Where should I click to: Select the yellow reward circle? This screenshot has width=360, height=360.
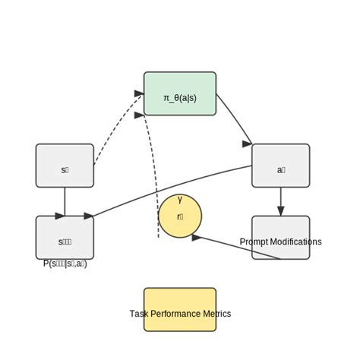180,216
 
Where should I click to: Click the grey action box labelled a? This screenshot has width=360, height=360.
280,165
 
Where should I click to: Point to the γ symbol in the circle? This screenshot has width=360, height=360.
180,200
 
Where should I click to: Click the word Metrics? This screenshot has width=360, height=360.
217,314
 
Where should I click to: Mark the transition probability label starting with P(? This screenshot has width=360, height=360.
65,264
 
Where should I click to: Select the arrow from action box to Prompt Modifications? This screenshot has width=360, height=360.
281,201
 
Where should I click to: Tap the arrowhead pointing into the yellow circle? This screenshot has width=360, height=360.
196,238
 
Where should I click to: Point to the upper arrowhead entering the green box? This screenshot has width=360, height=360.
139,93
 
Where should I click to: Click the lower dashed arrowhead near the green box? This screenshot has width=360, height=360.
139,115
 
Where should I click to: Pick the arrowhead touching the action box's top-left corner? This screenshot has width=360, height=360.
248,143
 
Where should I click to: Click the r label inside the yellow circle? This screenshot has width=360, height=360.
180,216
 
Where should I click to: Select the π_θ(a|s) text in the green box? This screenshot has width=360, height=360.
179,99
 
